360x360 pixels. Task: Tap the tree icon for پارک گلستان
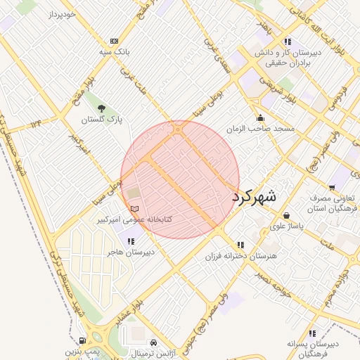[103, 108]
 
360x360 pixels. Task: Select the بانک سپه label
[114, 52]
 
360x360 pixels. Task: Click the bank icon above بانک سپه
[114, 41]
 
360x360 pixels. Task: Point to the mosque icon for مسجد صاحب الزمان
[260, 118]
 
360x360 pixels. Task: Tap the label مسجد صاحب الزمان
[260, 129]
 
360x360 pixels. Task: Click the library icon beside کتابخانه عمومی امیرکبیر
[135, 209]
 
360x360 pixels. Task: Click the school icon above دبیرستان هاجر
[131, 241]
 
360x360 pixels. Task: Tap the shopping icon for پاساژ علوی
[286, 215]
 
